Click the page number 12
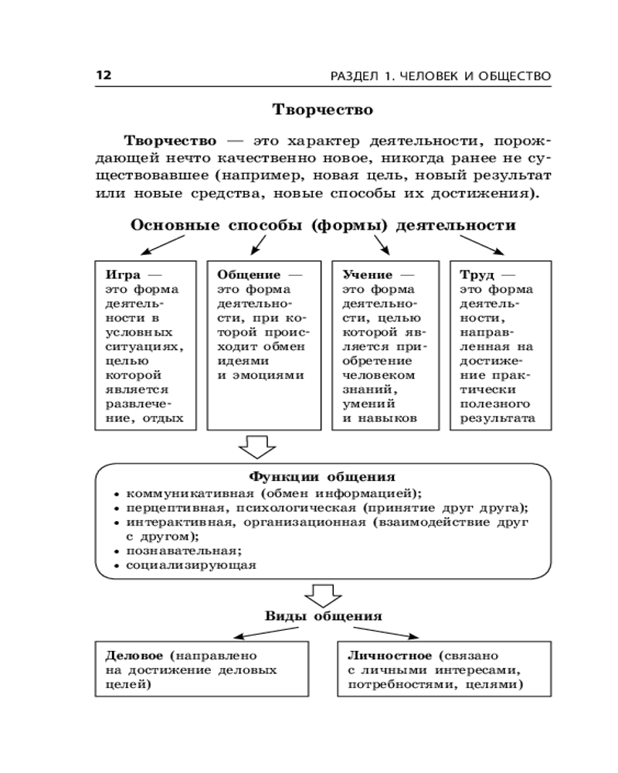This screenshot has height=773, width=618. click(x=104, y=75)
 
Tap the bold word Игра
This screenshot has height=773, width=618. click(x=122, y=274)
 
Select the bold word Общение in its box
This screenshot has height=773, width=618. click(x=248, y=274)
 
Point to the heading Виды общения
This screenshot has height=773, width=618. click(x=324, y=616)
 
